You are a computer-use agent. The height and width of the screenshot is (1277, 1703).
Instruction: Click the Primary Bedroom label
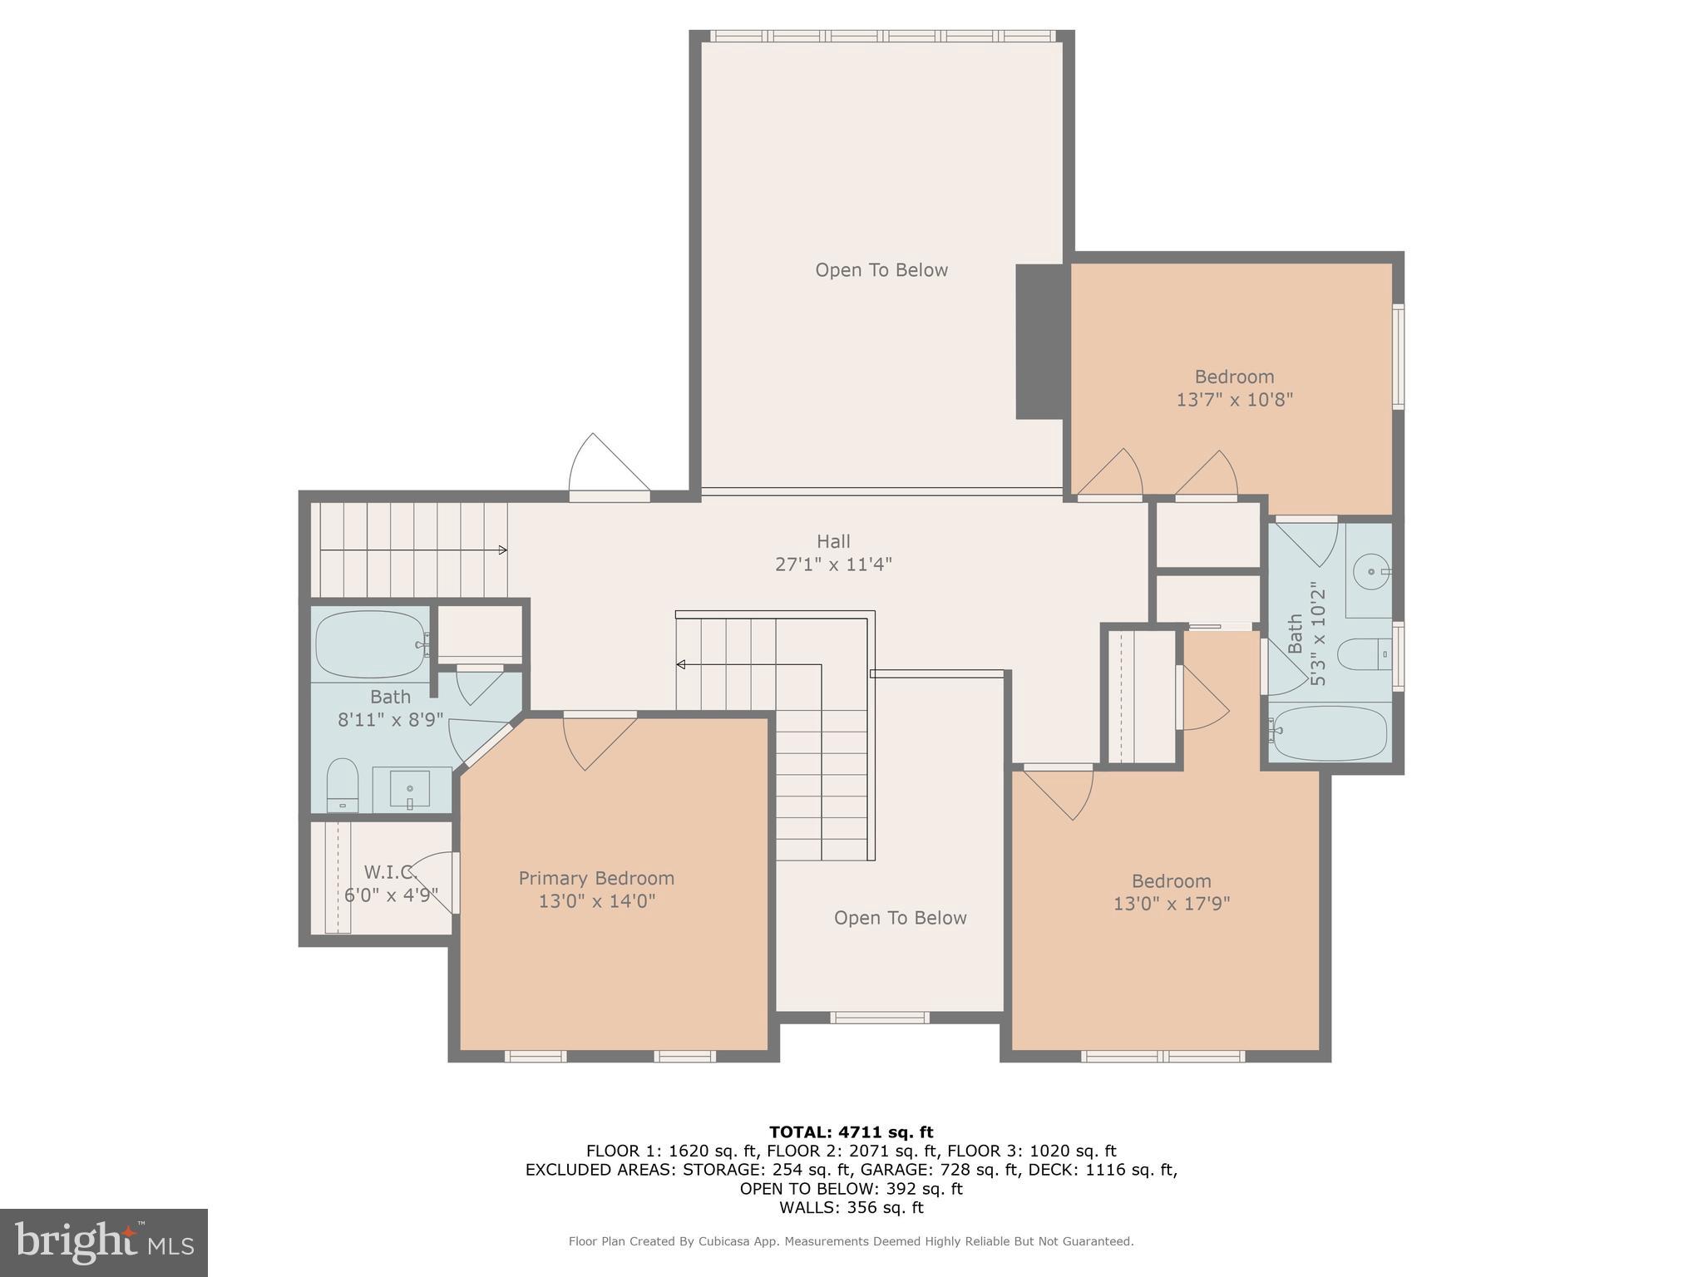596,878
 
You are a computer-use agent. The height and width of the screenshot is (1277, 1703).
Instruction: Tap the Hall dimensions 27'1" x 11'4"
833,565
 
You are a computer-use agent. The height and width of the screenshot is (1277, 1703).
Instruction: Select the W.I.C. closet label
389,872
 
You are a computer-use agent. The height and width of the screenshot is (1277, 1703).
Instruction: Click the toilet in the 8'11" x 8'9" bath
342,783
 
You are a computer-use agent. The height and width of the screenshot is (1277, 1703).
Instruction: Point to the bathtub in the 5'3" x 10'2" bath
1329,732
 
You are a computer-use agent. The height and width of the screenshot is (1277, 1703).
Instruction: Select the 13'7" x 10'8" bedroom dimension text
1234,400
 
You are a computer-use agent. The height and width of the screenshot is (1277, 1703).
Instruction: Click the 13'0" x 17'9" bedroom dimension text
1171,904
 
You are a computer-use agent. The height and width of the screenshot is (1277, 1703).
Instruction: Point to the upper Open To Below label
881,270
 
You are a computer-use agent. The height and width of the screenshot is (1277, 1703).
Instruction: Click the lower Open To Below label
900,918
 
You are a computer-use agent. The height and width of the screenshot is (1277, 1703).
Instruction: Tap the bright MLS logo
104,1243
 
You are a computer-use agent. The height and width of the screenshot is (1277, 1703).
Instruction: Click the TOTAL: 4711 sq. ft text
851,1132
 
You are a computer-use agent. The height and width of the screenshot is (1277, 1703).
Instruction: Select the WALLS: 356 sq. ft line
851,1208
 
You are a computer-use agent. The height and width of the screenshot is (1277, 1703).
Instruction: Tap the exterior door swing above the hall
607,466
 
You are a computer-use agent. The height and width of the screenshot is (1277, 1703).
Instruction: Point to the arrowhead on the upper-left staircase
502,550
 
